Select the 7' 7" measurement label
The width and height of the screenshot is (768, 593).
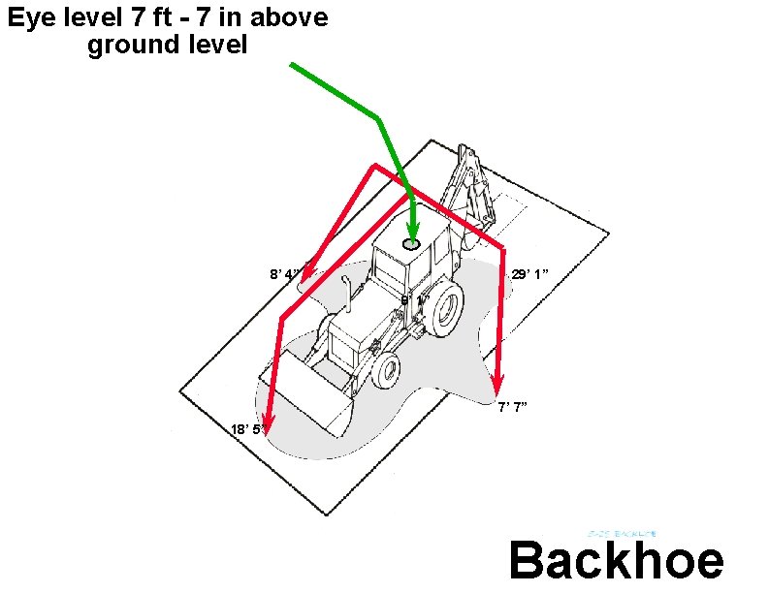pyautogui.click(x=513, y=407)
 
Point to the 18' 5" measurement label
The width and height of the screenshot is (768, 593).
pyautogui.click(x=246, y=429)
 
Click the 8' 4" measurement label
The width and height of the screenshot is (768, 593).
pyautogui.click(x=286, y=274)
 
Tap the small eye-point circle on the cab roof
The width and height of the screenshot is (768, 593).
pyautogui.click(x=412, y=244)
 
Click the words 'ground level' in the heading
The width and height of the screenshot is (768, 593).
pyautogui.click(x=167, y=45)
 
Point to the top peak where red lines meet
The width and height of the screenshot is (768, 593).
pyautogui.click(x=374, y=167)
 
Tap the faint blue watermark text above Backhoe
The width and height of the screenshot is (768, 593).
pyautogui.click(x=624, y=534)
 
